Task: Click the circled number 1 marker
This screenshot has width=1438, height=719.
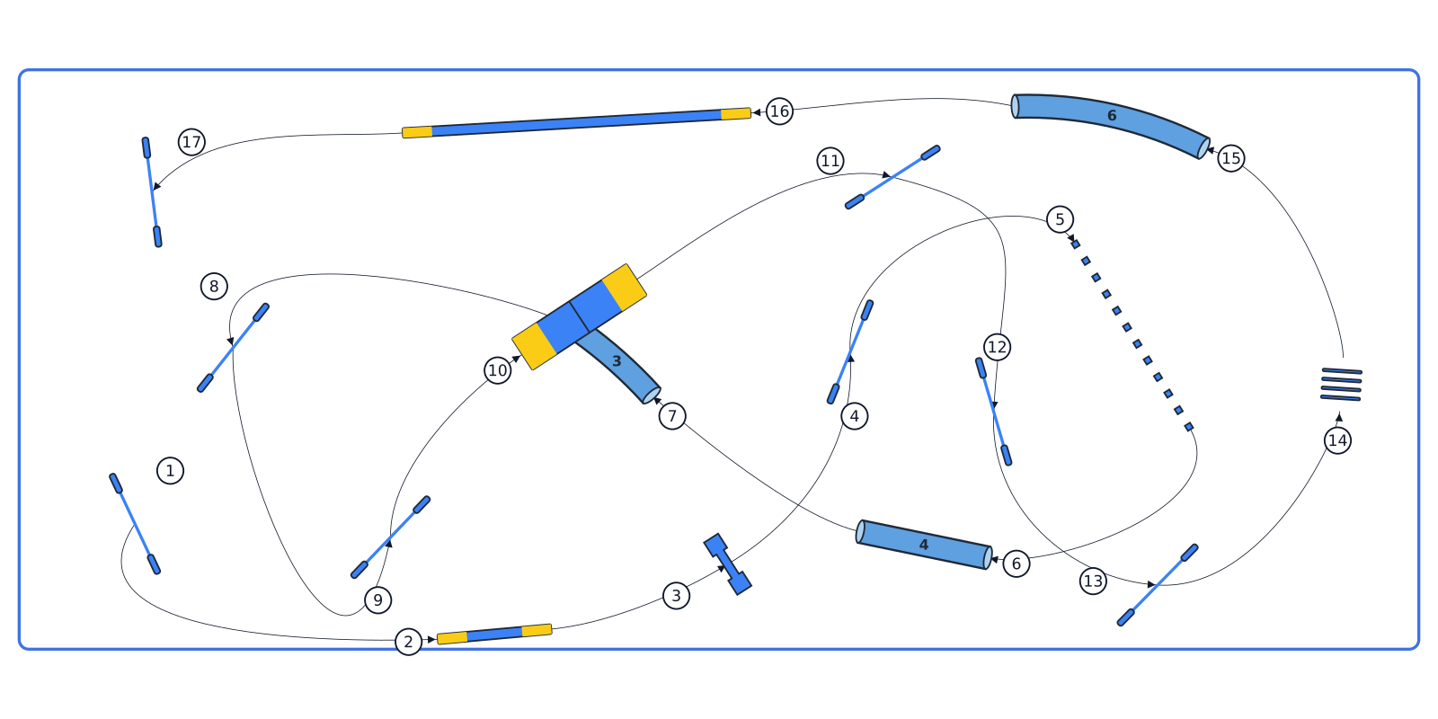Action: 170,471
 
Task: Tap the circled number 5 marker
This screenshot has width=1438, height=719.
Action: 1060,219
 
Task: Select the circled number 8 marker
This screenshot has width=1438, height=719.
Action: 214,287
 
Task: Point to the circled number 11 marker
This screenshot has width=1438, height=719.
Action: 830,161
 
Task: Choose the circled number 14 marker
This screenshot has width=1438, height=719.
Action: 1338,440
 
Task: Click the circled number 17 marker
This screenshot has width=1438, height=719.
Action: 192,142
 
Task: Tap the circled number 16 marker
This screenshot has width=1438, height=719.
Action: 779,111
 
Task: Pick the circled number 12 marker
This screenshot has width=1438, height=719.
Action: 997,347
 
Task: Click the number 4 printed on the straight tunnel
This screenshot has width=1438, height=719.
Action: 924,545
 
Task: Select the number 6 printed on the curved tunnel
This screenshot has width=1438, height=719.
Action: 1112,116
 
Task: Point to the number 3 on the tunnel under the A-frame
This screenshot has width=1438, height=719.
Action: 617,361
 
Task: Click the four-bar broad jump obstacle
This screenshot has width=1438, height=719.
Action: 1341,385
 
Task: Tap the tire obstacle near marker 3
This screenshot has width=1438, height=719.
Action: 727,564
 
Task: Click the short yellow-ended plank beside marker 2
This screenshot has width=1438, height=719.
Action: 494,634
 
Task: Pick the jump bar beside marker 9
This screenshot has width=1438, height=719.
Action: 390,537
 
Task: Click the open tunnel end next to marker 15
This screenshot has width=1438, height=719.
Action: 1203,148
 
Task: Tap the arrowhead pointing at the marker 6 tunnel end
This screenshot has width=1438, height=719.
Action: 995,561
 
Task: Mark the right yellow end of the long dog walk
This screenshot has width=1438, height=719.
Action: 736,114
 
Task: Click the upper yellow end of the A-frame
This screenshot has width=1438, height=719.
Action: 624,287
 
